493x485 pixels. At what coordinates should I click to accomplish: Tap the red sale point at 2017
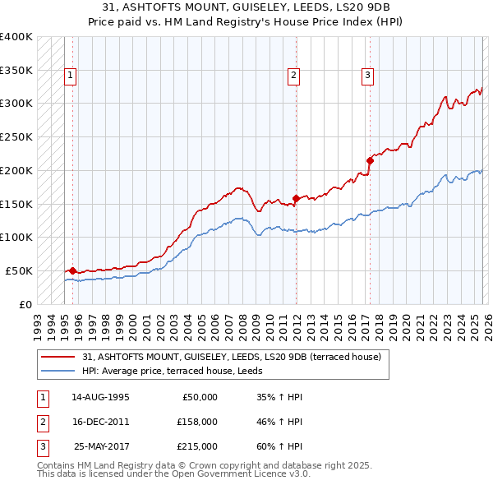(370, 161)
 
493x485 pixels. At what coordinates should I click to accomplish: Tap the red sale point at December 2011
(295, 198)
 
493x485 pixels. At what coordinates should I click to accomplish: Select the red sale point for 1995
(72, 270)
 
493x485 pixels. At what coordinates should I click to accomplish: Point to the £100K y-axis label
(17, 237)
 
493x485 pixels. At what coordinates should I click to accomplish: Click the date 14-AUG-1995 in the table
(100, 397)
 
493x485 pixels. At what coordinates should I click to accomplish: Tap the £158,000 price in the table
(197, 422)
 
